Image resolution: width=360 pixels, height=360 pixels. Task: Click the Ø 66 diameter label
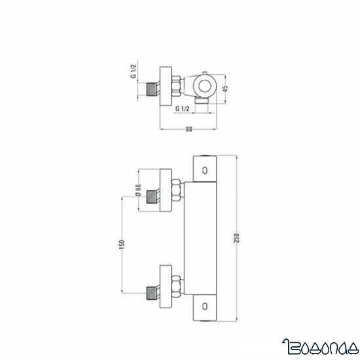pyautogui.click(x=139, y=194)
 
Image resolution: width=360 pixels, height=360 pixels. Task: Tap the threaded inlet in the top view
pyautogui.click(x=154, y=86)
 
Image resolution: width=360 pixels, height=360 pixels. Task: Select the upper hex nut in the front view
pyautogui.click(x=176, y=194)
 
